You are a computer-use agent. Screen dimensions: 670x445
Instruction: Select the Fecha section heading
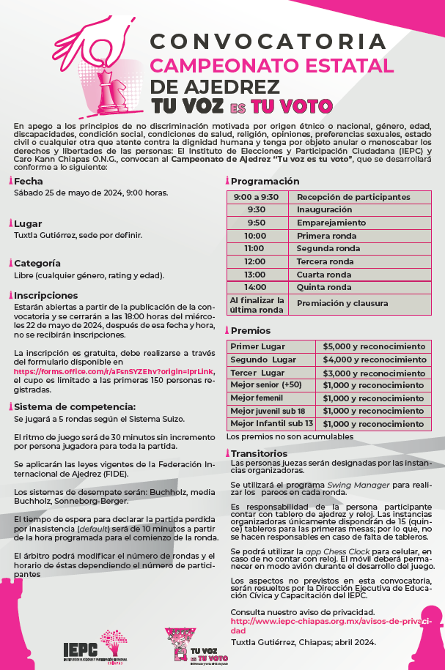29,181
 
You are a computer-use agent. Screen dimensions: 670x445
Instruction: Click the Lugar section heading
29,223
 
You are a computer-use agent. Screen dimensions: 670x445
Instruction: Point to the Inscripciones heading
43,294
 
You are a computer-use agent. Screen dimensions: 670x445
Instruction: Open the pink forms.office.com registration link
114,371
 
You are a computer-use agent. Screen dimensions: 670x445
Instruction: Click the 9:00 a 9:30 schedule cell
256,197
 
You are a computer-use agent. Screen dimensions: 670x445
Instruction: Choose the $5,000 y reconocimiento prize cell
374,346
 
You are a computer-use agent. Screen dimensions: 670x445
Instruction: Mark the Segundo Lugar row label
263,360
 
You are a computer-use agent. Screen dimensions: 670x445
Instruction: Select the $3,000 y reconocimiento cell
374,372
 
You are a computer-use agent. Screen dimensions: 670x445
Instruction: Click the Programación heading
265,181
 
